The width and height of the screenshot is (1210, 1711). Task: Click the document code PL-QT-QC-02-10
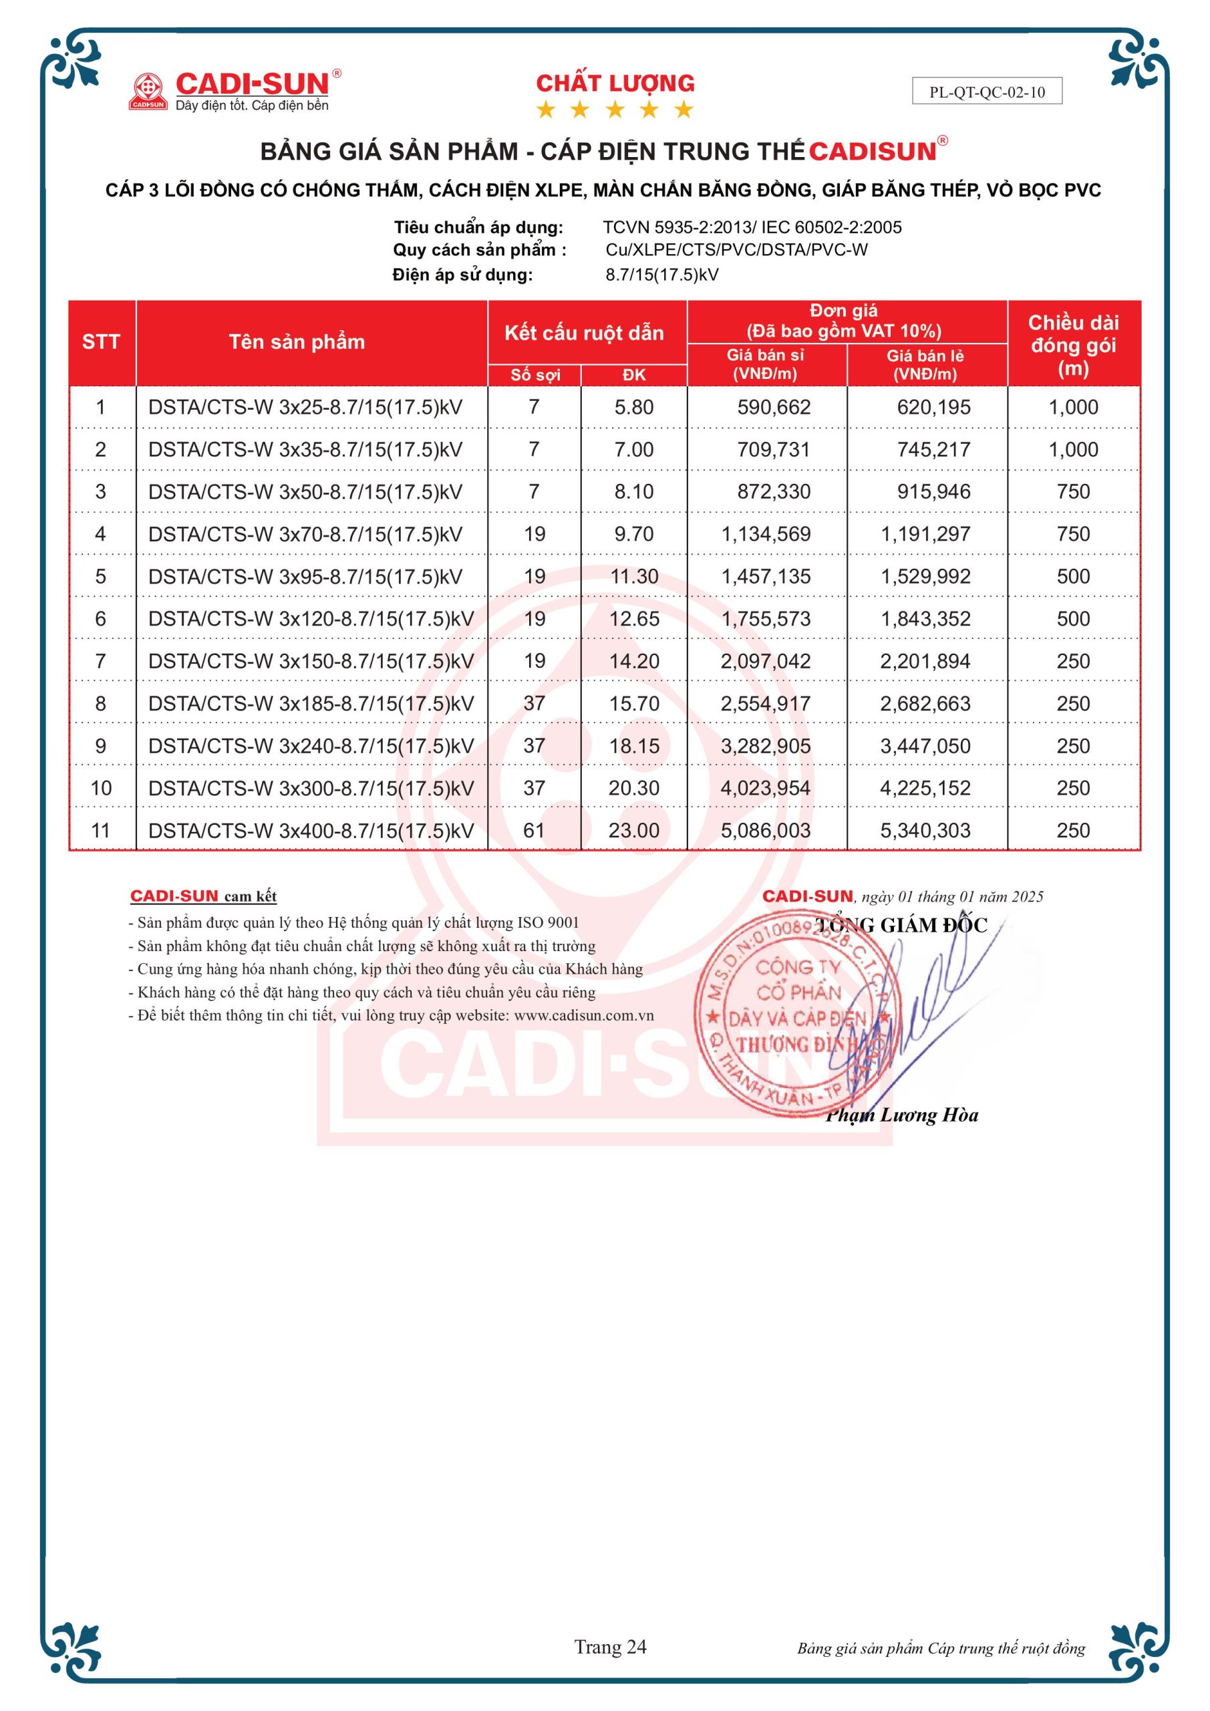[986, 92]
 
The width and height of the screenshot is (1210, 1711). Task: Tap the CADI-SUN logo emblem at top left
[148, 91]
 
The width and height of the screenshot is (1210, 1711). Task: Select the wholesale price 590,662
[774, 408]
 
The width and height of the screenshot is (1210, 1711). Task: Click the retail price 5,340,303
[925, 830]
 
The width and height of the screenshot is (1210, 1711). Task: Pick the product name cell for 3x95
[305, 577]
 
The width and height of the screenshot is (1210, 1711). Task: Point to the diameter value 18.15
[634, 746]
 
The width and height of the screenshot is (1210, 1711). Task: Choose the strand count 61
[535, 830]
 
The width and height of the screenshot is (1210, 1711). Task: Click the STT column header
[102, 342]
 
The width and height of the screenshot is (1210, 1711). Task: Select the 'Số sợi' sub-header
[535, 375]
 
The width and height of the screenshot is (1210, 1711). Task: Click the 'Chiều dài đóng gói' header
[1073, 344]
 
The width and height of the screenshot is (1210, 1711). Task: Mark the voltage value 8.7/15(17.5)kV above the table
[661, 275]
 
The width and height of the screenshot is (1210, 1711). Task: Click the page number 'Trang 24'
[610, 1647]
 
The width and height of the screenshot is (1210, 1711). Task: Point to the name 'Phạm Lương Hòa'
[902, 1115]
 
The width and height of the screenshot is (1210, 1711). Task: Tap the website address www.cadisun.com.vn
[583, 1015]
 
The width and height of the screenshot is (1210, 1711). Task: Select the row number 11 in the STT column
[101, 830]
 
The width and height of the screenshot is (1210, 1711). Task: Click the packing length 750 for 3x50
[1073, 492]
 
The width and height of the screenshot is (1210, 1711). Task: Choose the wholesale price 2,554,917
[765, 704]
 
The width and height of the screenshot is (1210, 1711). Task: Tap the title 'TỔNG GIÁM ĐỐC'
[901, 926]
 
